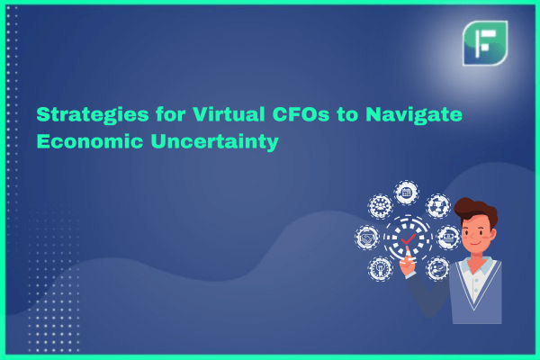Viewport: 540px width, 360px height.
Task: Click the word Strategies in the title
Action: (x=93, y=115)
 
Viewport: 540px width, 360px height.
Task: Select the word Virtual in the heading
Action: (x=229, y=114)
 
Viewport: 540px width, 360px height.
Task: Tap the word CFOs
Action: (x=301, y=114)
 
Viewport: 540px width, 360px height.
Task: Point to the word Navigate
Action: (x=414, y=115)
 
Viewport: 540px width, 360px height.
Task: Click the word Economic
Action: (x=90, y=141)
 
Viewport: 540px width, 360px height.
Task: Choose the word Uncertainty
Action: (x=214, y=142)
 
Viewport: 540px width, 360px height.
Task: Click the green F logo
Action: (x=485, y=43)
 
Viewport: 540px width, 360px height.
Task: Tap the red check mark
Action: (x=409, y=238)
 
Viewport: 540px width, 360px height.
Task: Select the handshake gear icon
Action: (x=367, y=238)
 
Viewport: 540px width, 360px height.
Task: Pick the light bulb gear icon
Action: (x=380, y=268)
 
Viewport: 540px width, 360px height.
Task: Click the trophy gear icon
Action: (x=437, y=206)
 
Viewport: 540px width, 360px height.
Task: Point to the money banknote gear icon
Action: (x=448, y=237)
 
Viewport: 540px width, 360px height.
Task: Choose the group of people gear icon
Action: (x=380, y=206)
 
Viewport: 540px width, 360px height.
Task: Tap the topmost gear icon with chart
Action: (x=407, y=193)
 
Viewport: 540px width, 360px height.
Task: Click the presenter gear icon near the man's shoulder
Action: (x=437, y=268)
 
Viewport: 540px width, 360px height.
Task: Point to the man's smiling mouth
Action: (x=475, y=244)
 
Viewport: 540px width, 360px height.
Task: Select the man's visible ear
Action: (x=493, y=235)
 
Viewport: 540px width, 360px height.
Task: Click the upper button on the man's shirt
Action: (x=477, y=281)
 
